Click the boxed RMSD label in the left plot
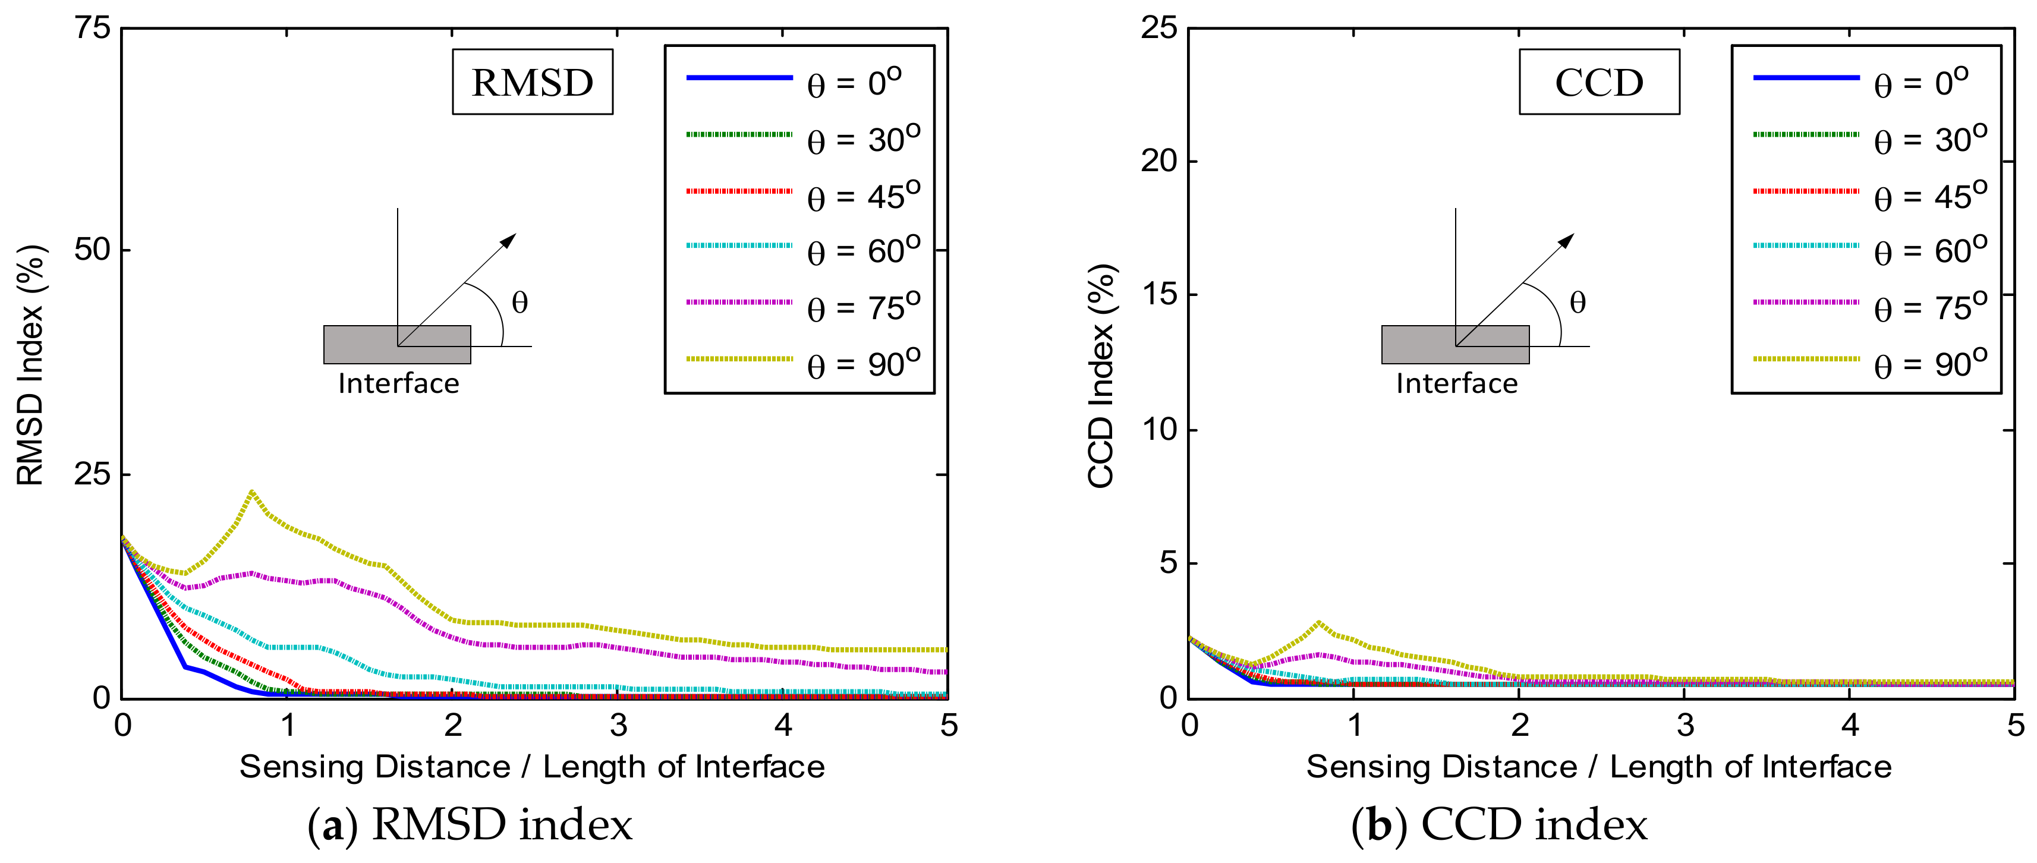click(x=532, y=82)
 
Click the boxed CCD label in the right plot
click(x=1598, y=82)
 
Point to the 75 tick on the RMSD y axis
click(x=93, y=29)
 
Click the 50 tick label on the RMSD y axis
click(x=93, y=250)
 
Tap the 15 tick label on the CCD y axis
click(x=1158, y=295)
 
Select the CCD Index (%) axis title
click(x=1101, y=376)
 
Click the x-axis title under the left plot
click(x=531, y=767)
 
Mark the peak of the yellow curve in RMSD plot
click(x=251, y=492)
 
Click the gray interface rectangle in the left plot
click(x=396, y=345)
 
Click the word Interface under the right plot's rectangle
click(x=1457, y=383)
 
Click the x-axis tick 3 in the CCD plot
click(x=1685, y=725)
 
